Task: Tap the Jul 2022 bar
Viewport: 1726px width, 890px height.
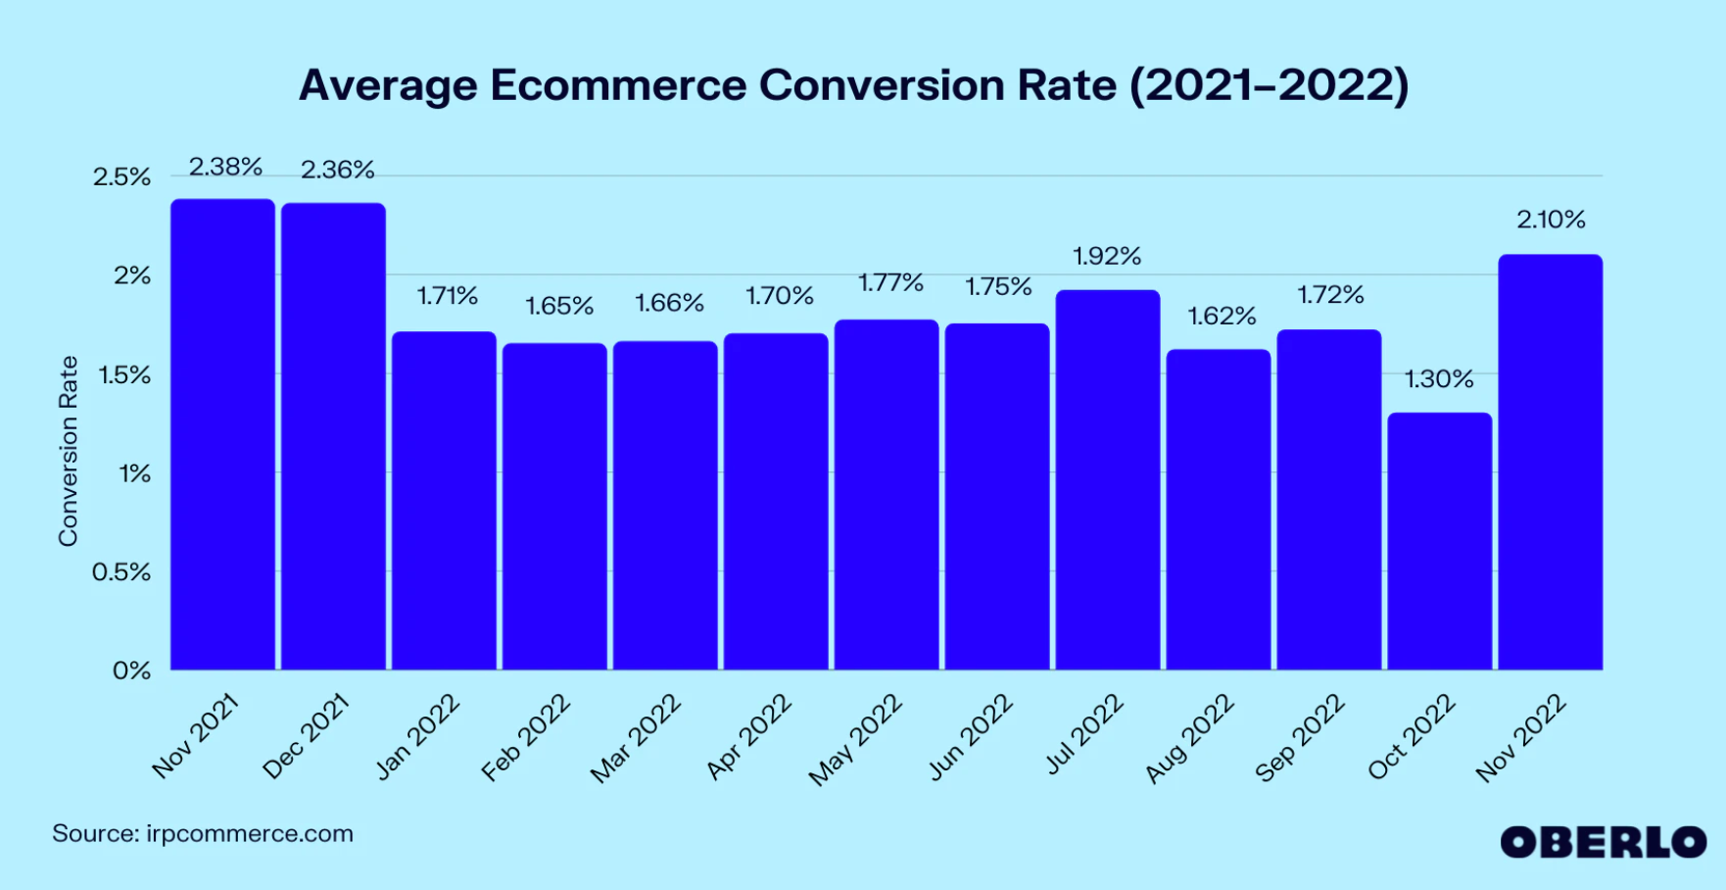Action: point(1107,480)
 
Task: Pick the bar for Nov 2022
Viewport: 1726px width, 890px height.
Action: point(1550,462)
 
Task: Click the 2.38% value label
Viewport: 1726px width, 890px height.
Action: point(225,168)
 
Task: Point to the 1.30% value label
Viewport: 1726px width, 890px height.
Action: point(1438,379)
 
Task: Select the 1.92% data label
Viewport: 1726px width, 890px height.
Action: point(1107,257)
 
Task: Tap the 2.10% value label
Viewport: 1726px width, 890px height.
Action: point(1551,220)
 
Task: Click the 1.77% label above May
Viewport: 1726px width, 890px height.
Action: point(890,283)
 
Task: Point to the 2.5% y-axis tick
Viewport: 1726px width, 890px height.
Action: point(122,177)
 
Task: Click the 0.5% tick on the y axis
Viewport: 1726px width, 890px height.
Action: point(121,572)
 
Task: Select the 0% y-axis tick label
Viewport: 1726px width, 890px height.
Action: point(132,671)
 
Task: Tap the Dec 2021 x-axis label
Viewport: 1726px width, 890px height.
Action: point(307,736)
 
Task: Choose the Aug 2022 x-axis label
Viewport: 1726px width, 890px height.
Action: point(1190,738)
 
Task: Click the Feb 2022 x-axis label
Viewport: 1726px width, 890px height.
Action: point(527,738)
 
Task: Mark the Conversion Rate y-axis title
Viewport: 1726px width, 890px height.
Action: point(68,451)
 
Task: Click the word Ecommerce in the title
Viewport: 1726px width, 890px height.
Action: point(618,85)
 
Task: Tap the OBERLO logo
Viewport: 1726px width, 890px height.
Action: point(1603,842)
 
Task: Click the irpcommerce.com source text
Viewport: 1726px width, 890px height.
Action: point(250,834)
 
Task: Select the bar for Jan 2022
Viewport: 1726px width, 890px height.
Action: point(444,501)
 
